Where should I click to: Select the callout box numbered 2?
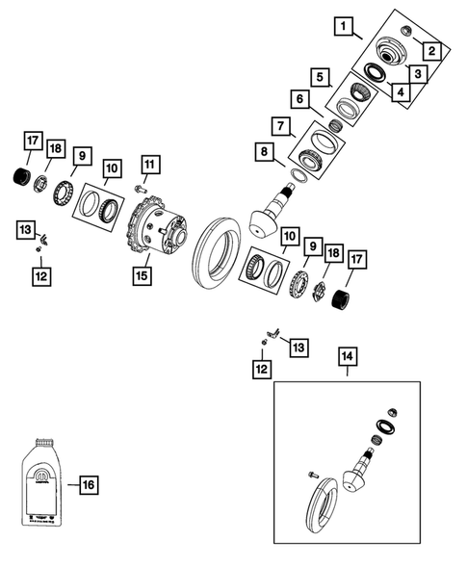pyautogui.click(x=433, y=51)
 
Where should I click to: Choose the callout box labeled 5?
pyautogui.click(x=317, y=76)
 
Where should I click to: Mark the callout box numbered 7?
pyautogui.click(x=281, y=126)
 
